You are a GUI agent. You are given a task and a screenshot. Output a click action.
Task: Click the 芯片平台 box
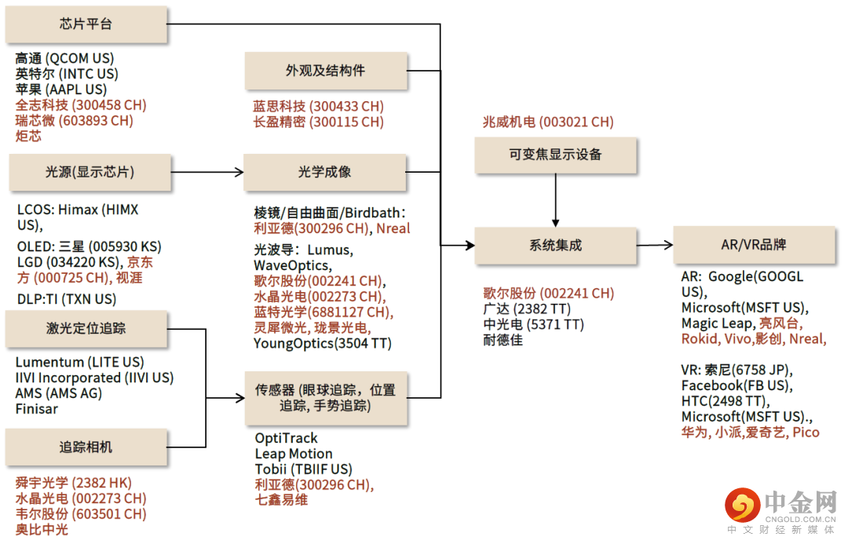86,24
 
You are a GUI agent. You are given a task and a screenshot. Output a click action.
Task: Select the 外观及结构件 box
326,71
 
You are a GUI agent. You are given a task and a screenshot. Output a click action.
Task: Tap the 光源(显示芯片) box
90,173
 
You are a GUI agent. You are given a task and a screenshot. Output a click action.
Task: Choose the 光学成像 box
324,173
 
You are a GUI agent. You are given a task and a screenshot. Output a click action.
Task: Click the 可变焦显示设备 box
555,155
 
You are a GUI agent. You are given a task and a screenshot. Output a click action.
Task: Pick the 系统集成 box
555,246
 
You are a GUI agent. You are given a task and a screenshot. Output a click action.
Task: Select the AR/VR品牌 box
754,245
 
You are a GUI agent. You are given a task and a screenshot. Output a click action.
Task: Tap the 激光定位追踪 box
86,329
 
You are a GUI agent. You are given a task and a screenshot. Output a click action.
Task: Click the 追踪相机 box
86,447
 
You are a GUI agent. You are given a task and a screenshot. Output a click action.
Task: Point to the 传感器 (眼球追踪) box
326,398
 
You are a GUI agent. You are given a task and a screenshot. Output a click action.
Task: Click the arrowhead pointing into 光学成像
239,173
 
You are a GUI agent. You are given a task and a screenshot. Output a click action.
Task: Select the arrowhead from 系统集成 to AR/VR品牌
668,245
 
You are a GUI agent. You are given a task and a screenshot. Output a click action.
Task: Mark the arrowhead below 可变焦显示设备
555,224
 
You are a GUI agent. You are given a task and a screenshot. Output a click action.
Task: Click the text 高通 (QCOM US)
64,58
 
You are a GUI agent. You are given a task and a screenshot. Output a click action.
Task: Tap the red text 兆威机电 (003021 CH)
548,122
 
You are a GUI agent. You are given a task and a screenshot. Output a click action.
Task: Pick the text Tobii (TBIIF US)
303,469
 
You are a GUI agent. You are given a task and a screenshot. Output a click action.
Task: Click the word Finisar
36,409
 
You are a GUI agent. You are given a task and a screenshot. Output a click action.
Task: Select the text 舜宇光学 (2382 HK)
74,483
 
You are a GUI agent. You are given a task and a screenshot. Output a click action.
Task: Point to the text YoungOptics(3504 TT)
323,344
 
